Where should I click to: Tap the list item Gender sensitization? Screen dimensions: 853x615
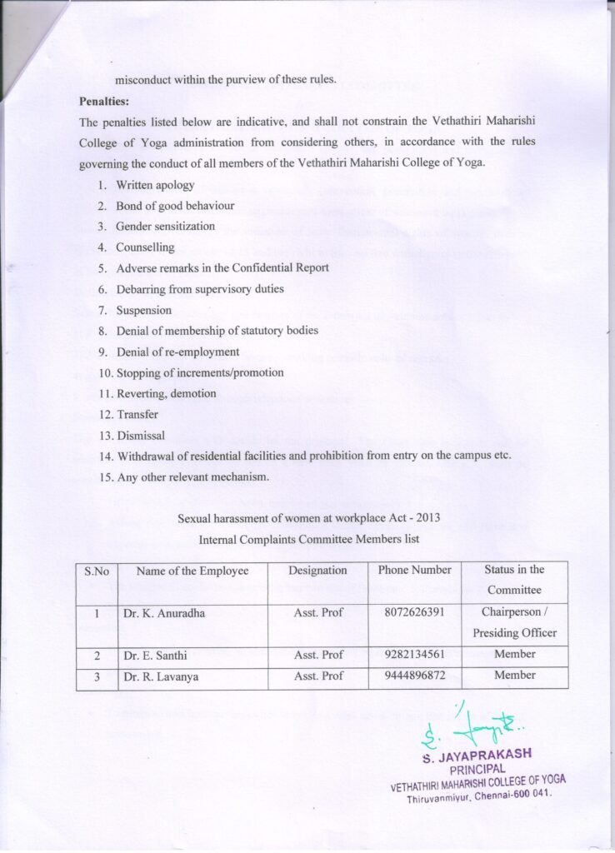[165, 227]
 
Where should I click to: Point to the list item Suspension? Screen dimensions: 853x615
[143, 310]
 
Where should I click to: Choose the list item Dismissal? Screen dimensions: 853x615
[140, 435]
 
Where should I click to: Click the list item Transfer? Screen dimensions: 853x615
[137, 414]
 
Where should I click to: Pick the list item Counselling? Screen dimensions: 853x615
[145, 247]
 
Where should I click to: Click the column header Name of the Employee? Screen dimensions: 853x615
[192, 571]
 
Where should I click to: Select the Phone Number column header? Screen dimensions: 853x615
[414, 571]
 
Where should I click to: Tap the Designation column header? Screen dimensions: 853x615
[317, 571]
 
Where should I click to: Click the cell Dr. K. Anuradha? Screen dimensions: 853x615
[164, 613]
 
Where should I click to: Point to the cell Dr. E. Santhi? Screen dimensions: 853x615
[155, 656]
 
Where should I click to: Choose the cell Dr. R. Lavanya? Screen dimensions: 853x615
[161, 676]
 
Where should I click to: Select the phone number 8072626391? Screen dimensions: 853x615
[414, 613]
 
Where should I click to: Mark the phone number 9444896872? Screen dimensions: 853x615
[414, 676]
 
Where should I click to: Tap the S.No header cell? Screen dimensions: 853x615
[97, 571]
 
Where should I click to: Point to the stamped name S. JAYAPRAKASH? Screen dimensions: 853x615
[477, 756]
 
